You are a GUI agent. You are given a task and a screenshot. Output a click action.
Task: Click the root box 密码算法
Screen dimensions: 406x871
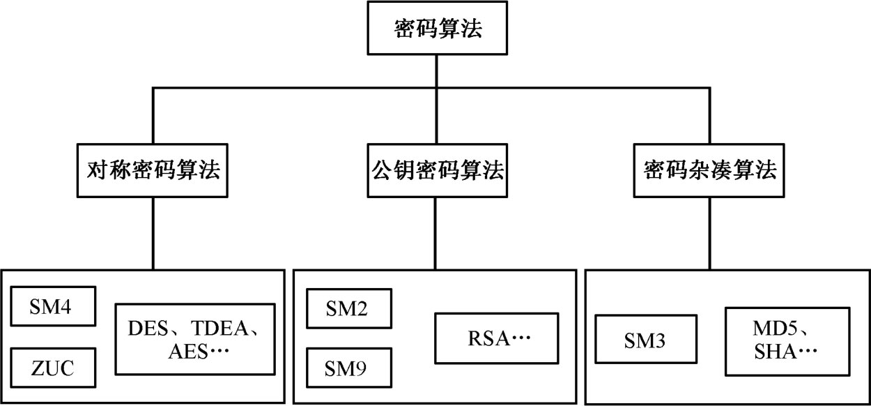(x=435, y=30)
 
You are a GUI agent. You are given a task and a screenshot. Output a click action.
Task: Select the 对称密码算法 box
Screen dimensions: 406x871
(x=155, y=171)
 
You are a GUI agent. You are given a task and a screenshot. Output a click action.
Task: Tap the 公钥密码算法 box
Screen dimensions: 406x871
(x=435, y=171)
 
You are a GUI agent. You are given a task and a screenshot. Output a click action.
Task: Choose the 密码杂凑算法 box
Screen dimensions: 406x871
(x=709, y=171)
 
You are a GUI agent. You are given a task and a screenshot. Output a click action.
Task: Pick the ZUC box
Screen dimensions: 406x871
(x=53, y=367)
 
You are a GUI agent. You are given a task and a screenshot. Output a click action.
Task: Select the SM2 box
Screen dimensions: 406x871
(x=349, y=307)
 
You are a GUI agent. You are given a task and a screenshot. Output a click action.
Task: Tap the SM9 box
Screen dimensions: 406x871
(x=349, y=367)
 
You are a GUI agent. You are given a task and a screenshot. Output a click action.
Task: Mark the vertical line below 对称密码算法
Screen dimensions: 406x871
(x=154, y=233)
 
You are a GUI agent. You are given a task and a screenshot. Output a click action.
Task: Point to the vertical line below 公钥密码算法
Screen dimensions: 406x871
(x=435, y=233)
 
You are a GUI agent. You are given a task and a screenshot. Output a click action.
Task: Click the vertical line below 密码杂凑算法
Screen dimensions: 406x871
(x=709, y=233)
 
